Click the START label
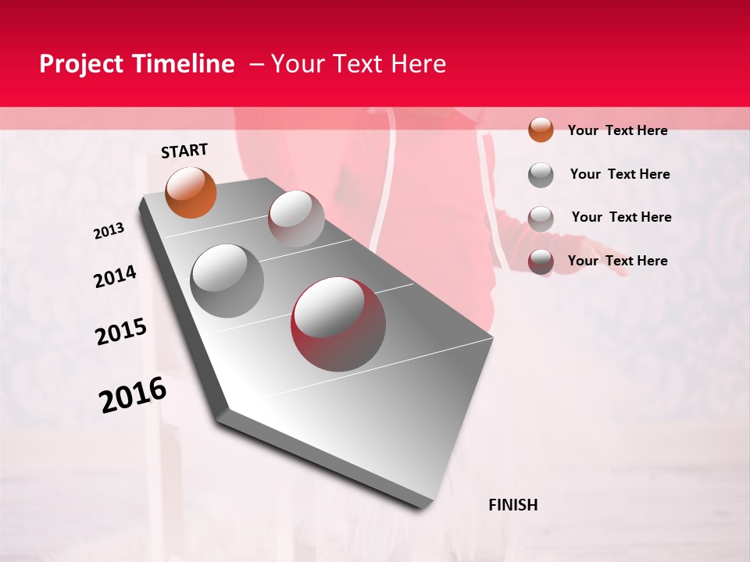click(184, 151)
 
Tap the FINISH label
click(512, 505)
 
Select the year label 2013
click(109, 231)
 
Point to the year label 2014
click(115, 277)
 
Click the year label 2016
click(133, 394)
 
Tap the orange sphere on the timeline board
click(191, 192)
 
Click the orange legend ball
click(541, 130)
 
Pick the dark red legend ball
click(541, 261)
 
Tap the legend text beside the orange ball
click(617, 130)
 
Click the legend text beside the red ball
click(617, 261)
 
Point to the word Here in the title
click(418, 64)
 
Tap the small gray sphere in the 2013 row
click(296, 218)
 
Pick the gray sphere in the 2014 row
click(227, 280)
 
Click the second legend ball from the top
click(541, 175)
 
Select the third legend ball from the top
click(541, 218)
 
